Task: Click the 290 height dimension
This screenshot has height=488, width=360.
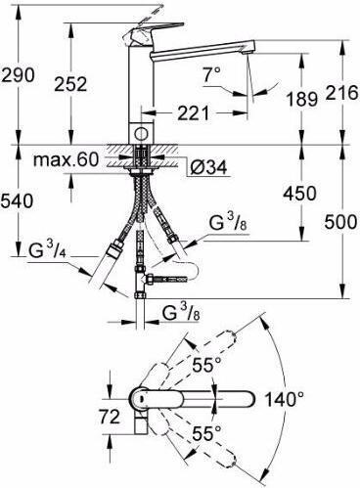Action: [x=18, y=75]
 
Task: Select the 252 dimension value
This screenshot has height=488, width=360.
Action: [x=70, y=84]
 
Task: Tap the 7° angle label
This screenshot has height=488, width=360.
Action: [x=211, y=74]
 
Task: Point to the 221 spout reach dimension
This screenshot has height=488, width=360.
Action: [x=193, y=112]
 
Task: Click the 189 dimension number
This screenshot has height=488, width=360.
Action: [x=301, y=99]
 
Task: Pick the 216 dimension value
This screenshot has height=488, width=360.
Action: [x=341, y=93]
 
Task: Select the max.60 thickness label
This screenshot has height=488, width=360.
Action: [x=66, y=159]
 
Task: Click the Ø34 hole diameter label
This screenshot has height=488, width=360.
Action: [x=208, y=168]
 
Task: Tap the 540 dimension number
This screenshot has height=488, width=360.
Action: [x=17, y=200]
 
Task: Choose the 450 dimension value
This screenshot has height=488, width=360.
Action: [x=299, y=193]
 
